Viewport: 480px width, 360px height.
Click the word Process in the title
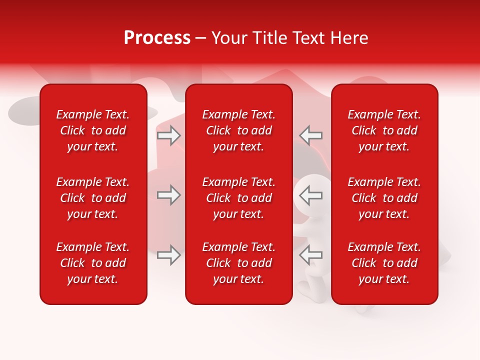click(x=157, y=38)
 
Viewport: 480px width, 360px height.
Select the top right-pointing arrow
click(x=168, y=135)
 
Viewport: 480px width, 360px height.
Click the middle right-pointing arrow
click(x=168, y=195)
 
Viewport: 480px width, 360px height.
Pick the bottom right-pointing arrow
click(x=168, y=255)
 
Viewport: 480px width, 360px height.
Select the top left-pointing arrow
click(x=311, y=135)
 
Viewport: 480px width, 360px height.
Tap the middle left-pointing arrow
click(x=311, y=195)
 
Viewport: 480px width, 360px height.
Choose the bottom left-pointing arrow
click(x=311, y=255)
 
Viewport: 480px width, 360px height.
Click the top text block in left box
click(x=93, y=130)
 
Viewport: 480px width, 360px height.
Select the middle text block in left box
click(x=93, y=198)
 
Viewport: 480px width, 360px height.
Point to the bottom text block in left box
click(x=93, y=263)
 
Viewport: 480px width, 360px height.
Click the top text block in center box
click(x=239, y=130)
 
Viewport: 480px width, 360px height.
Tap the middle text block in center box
click(x=239, y=198)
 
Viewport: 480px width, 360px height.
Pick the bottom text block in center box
click(x=239, y=263)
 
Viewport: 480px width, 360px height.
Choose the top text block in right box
click(x=384, y=130)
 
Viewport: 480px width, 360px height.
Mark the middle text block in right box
click(x=384, y=198)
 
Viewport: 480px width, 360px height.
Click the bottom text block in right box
click(x=384, y=263)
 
